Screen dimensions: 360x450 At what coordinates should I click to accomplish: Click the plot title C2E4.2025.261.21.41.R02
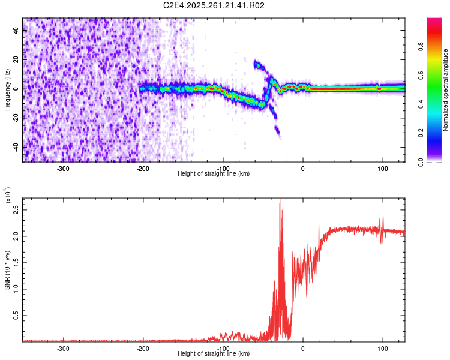214,5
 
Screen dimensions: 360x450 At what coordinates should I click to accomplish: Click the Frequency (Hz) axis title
7,90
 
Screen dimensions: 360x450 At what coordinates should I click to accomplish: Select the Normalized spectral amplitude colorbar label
446,90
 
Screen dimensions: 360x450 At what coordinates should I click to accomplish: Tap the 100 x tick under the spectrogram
382,168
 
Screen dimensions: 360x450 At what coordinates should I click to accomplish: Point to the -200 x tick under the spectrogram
143,168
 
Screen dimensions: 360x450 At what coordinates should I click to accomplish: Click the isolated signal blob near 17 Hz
259,65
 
